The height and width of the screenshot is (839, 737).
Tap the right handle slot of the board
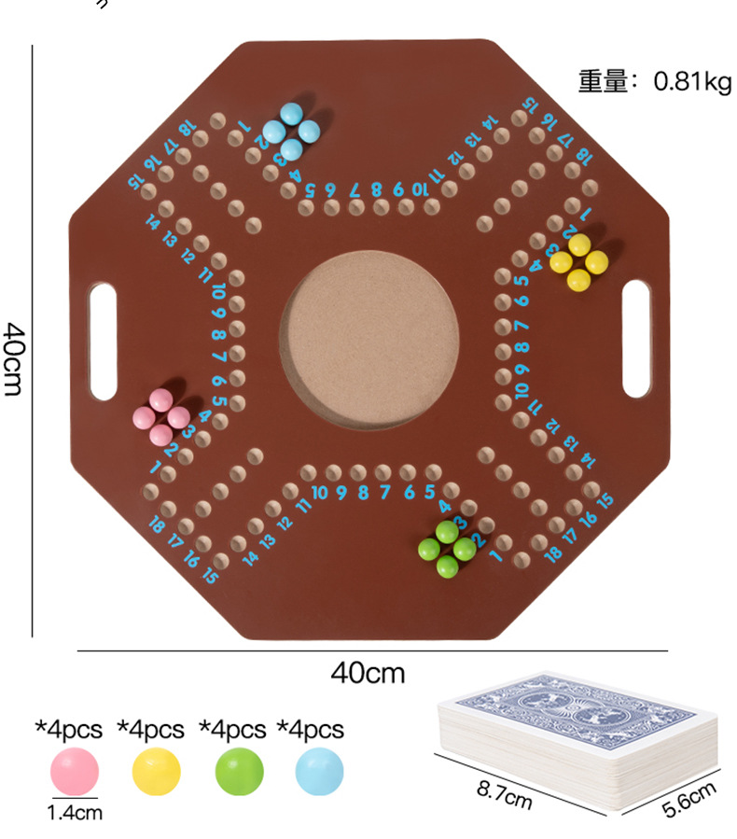636,337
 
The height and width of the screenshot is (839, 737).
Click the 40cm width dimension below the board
368,672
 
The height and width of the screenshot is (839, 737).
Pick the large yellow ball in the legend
156,771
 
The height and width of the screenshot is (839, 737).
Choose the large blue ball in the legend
319,771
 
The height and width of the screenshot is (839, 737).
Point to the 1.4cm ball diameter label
76,813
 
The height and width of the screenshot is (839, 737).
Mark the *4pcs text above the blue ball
311,728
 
